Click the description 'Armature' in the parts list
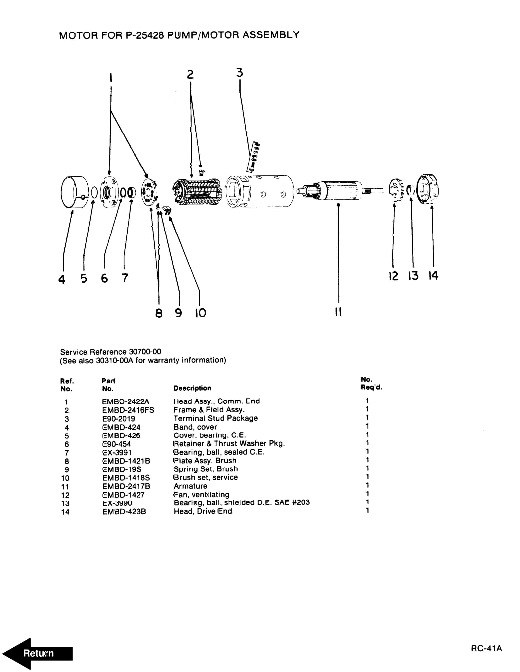pos(190,486)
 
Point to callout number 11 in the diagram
pos(338,312)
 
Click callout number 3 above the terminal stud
pos(240,73)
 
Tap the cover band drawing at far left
pos(75,192)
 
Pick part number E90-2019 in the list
pos(119,419)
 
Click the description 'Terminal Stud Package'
pos(216,419)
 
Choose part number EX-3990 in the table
pos(117,503)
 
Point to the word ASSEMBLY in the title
pos(271,35)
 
